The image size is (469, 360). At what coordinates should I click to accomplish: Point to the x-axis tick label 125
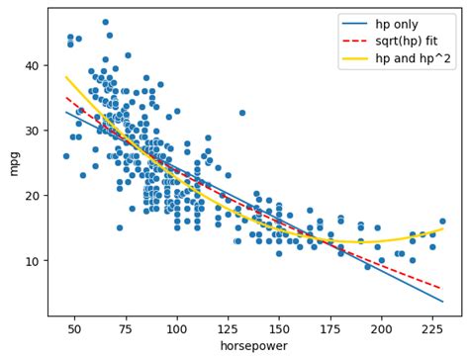pyautogui.click(x=229, y=327)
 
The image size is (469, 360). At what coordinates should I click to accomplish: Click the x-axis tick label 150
pyautogui.click(x=279, y=327)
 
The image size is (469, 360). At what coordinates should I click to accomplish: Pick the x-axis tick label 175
pyautogui.click(x=330, y=327)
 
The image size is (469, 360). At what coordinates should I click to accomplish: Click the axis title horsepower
pyautogui.click(x=253, y=346)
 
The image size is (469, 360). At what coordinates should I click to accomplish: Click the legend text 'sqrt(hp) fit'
pyautogui.click(x=409, y=41)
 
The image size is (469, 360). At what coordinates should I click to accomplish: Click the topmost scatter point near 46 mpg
pyautogui.click(x=106, y=22)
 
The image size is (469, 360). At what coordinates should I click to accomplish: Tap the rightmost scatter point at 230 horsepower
pyautogui.click(x=442, y=222)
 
